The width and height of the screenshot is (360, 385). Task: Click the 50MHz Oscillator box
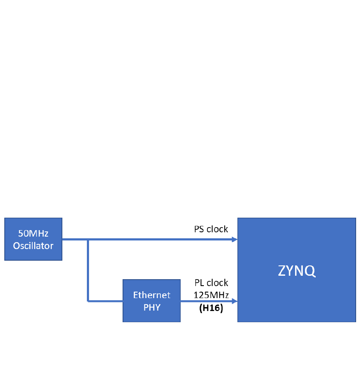[x=33, y=239]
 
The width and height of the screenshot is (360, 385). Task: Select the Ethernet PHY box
[x=151, y=301]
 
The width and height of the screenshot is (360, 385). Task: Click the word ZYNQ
[x=296, y=271]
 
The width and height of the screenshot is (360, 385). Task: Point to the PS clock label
[x=211, y=229]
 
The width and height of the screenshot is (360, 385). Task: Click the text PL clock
[x=211, y=283]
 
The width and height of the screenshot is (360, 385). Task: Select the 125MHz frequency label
[x=211, y=296]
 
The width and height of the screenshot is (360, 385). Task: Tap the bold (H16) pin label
[x=211, y=308]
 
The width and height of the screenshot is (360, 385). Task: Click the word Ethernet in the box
[x=151, y=295]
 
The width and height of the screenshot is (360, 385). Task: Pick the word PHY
[x=151, y=308]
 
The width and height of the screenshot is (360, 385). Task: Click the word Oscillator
[x=33, y=246]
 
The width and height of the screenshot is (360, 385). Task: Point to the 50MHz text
[x=33, y=234]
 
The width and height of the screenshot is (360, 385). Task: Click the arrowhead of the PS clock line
[x=235, y=240]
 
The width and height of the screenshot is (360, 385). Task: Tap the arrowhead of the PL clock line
[x=235, y=301]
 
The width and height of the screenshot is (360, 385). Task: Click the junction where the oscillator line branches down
[x=88, y=240]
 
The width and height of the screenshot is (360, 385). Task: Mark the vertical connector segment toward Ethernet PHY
[x=88, y=270]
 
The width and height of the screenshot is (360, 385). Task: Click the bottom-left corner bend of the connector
[x=88, y=301]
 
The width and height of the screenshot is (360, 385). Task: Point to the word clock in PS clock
[x=217, y=229]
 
